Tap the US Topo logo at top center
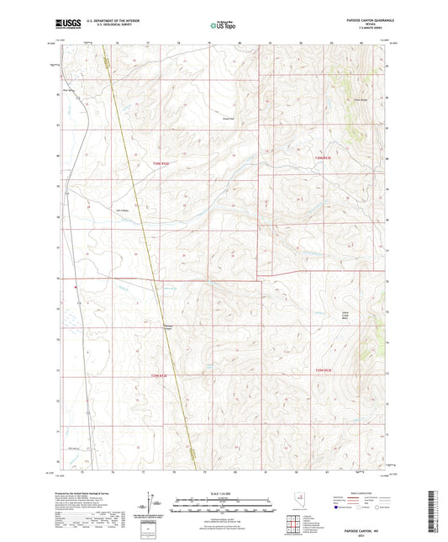223,26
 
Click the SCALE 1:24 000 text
224,493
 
